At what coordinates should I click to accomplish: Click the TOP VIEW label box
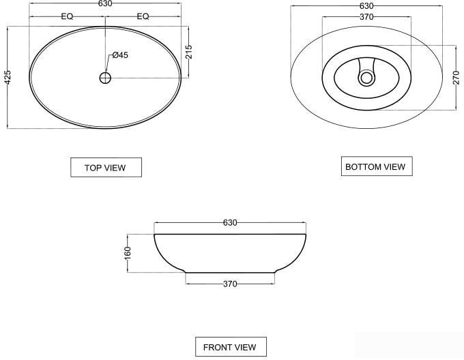click(106, 168)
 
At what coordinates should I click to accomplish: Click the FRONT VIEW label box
click(230, 347)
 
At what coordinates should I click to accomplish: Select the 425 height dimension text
click(8, 77)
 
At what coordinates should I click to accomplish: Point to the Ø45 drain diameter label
click(120, 55)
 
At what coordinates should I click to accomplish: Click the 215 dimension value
click(189, 52)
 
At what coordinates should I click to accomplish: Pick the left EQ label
click(67, 16)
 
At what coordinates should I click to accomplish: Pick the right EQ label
click(143, 16)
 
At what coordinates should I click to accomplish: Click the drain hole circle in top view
click(105, 78)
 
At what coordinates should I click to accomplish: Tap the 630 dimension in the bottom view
click(366, 6)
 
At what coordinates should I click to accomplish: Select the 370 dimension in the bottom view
click(366, 17)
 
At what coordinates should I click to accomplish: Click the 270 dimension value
click(456, 78)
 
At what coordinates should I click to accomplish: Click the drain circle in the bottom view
click(366, 78)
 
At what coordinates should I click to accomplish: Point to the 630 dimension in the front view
click(230, 223)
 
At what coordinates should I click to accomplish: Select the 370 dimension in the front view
click(230, 284)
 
